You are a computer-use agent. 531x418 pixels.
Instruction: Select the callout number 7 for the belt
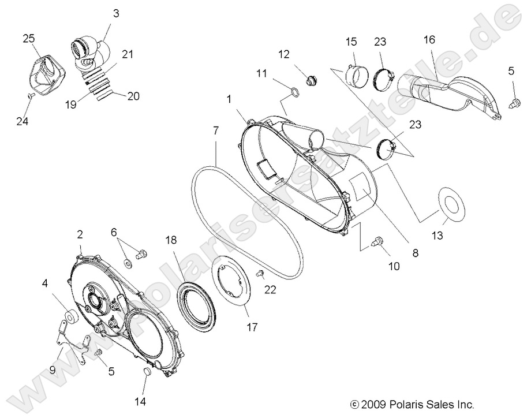click(215, 130)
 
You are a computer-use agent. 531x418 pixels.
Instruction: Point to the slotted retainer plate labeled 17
click(234, 283)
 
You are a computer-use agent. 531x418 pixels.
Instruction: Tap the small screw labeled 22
click(260, 271)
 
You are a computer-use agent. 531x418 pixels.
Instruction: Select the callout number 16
click(428, 39)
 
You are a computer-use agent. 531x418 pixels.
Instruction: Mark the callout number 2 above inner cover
click(80, 234)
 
